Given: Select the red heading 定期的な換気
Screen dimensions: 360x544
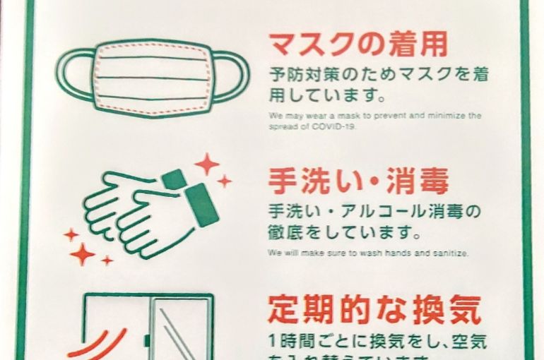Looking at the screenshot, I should (x=374, y=310).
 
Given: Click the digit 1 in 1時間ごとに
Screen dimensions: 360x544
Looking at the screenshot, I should (x=273, y=340).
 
